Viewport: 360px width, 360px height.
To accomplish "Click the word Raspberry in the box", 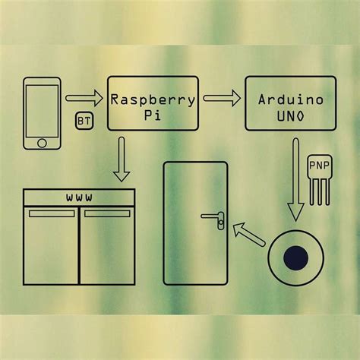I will coord(153,99).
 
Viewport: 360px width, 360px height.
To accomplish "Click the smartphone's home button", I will coord(43,142).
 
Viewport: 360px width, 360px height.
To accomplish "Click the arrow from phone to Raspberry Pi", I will coord(84,98).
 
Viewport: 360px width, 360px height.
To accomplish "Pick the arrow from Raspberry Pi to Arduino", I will coord(221,98).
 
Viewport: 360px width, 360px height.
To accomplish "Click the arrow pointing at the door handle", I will coord(246,231).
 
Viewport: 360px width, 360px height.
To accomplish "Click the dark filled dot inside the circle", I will coord(295,258).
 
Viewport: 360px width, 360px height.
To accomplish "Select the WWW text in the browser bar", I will coord(79,197).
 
